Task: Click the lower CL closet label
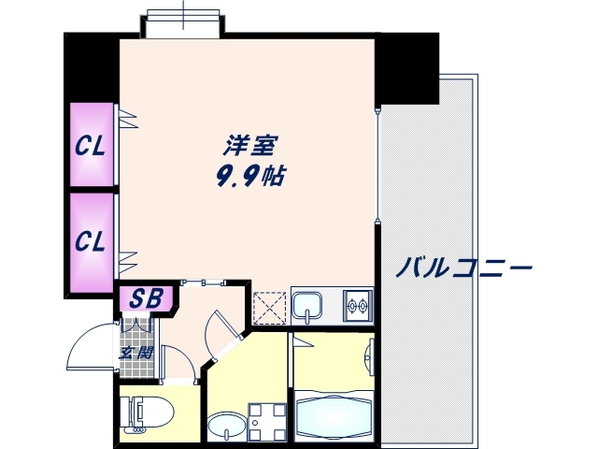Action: (90, 241)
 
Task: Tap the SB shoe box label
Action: (146, 299)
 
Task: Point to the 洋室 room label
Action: (249, 147)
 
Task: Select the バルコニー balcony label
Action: (463, 269)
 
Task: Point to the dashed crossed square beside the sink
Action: (269, 306)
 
